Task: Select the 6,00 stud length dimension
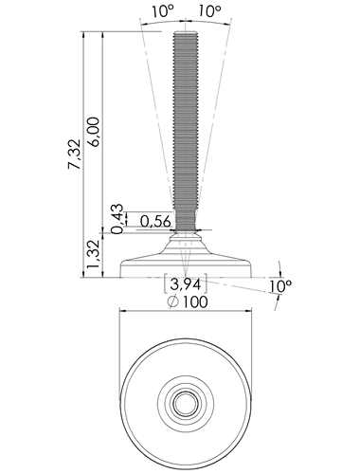(x=94, y=132)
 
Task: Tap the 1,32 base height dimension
(x=94, y=254)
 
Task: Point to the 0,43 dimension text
(x=117, y=218)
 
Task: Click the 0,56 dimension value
(x=155, y=222)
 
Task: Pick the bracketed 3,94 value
(x=186, y=284)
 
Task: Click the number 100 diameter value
(x=195, y=301)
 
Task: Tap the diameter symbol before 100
(x=173, y=302)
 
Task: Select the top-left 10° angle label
(x=164, y=11)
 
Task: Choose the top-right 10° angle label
(x=209, y=11)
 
